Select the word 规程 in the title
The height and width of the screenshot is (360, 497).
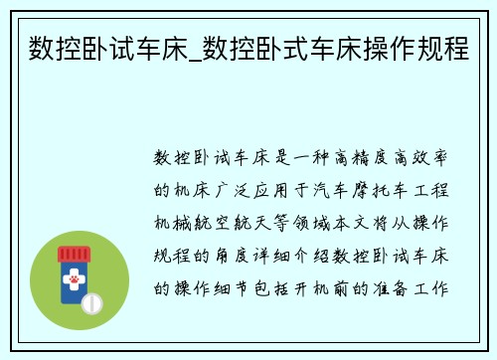(442, 47)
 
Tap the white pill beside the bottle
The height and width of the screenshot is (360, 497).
(91, 301)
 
